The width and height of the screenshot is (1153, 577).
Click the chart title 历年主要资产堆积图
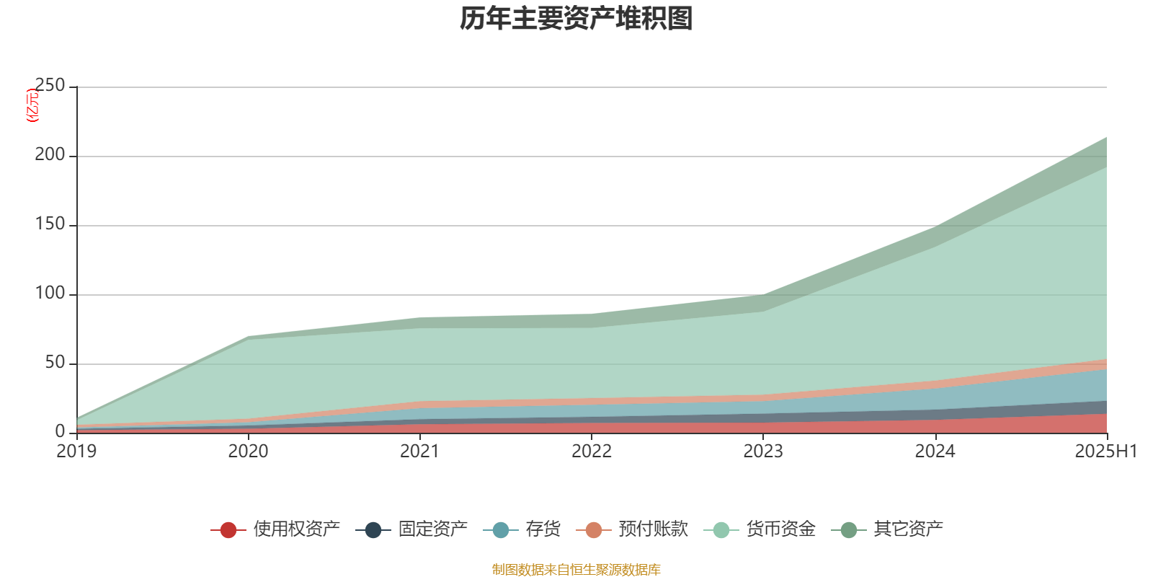pyautogui.click(x=576, y=19)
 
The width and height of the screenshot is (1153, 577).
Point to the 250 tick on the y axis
pyautogui.click(x=50, y=86)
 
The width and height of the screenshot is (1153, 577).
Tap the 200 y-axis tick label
pyautogui.click(x=50, y=155)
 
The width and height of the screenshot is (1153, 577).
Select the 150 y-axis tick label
pyautogui.click(x=50, y=224)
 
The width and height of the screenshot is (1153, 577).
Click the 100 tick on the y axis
pyautogui.click(x=50, y=294)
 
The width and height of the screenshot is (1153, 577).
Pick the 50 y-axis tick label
pyautogui.click(x=55, y=363)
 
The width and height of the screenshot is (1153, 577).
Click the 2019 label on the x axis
pyautogui.click(x=76, y=452)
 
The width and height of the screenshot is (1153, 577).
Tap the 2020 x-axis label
pyautogui.click(x=248, y=452)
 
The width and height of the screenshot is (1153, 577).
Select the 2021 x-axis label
pyautogui.click(x=419, y=452)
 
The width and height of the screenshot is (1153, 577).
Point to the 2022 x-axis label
pyautogui.click(x=591, y=452)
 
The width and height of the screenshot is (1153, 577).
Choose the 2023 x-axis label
pyautogui.click(x=763, y=452)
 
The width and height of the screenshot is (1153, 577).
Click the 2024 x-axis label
pyautogui.click(x=935, y=452)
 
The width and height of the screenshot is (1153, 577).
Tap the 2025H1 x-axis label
pyautogui.click(x=1105, y=452)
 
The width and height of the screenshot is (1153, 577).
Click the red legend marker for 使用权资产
pyautogui.click(x=228, y=530)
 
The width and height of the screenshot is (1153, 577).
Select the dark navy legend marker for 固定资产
pyautogui.click(x=373, y=530)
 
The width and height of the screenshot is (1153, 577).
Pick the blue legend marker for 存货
pyautogui.click(x=501, y=530)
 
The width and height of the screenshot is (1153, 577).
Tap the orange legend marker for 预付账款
pyautogui.click(x=594, y=530)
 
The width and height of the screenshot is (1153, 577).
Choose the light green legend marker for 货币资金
pyautogui.click(x=721, y=530)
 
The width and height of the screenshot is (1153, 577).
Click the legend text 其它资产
pyautogui.click(x=908, y=529)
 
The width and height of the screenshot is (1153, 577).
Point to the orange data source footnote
pyautogui.click(x=576, y=570)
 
